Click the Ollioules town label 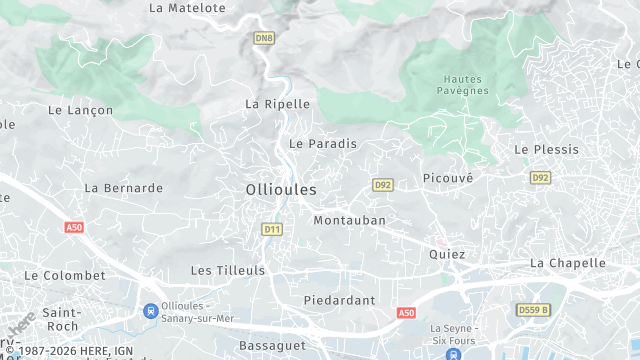(281, 189)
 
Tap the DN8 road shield (263, 38)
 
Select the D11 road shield (271, 230)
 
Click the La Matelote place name (187, 7)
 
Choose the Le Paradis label (323, 144)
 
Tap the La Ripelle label (278, 104)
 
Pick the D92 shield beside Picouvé (382, 185)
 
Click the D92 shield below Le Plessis (541, 177)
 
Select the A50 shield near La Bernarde (74, 228)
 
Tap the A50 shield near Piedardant (405, 313)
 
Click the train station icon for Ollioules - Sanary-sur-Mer (151, 311)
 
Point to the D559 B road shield (534, 310)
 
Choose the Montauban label (349, 220)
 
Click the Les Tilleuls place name (228, 271)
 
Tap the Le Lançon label (81, 111)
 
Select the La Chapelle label (568, 263)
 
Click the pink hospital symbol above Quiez (438, 241)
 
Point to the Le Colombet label (65, 275)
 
